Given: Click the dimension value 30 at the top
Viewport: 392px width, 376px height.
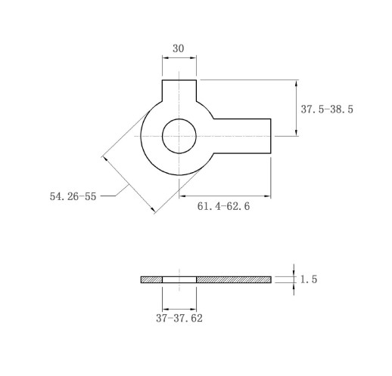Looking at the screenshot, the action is (x=178, y=48).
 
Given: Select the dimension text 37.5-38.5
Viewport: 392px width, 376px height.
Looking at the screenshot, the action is (x=327, y=109).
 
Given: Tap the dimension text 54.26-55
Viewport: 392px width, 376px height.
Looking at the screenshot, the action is (x=73, y=196).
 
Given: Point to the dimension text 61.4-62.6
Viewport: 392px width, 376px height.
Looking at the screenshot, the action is (x=223, y=206).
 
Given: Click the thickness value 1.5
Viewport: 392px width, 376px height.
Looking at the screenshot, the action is (x=309, y=279).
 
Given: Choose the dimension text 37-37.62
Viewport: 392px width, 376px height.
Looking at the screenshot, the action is (x=179, y=319).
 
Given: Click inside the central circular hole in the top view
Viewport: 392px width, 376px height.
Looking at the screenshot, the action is (x=179, y=136).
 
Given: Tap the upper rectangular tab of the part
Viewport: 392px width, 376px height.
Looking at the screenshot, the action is (x=179, y=91).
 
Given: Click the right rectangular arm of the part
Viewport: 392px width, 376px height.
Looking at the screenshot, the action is (x=242, y=136).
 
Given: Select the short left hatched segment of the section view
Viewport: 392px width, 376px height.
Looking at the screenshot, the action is (x=151, y=279).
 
